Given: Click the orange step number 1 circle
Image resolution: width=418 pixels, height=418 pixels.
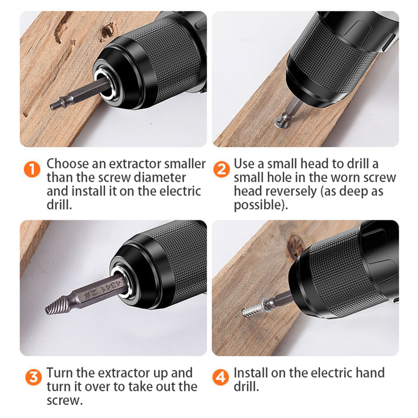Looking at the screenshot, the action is tap(32, 169).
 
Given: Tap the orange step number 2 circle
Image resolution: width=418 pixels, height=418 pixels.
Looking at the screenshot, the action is tap(222, 169).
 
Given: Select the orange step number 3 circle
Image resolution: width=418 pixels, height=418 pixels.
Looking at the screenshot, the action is tap(33, 377).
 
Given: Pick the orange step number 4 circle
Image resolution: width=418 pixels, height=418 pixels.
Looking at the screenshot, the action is tap(220, 377).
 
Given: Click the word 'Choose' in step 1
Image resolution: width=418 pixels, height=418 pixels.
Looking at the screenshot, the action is tap(68, 164).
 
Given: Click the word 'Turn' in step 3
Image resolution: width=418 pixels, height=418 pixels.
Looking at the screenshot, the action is tap(60, 373).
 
